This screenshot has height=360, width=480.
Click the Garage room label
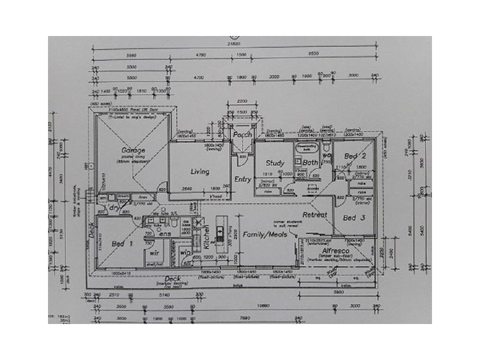(x=133, y=150)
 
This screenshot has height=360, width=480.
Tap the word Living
(x=199, y=172)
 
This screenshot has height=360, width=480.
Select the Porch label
(x=242, y=134)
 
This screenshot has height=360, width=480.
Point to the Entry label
(x=243, y=179)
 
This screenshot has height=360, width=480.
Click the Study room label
(x=275, y=163)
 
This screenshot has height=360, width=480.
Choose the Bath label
(x=310, y=163)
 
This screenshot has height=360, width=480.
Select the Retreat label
(x=314, y=214)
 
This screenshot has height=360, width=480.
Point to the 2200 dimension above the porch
(x=242, y=101)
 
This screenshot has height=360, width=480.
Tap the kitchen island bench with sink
(x=220, y=234)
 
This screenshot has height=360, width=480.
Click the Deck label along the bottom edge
(x=173, y=279)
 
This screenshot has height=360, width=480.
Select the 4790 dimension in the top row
(x=200, y=55)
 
